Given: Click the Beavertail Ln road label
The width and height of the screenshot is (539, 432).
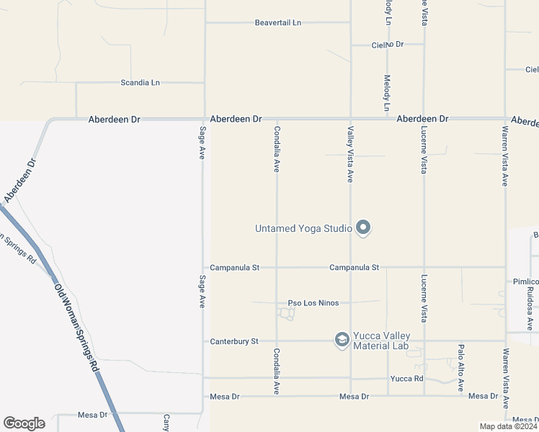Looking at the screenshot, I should click(x=277, y=23).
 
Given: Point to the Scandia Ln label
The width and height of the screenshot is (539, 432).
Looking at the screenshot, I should click(x=140, y=83).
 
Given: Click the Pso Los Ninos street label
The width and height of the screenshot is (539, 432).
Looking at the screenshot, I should click(x=313, y=303).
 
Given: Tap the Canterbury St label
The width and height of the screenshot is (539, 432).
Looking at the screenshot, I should click(x=233, y=341).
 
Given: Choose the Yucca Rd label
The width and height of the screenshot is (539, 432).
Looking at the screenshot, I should click(x=406, y=378).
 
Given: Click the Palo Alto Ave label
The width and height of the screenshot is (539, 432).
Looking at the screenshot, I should click(x=460, y=367).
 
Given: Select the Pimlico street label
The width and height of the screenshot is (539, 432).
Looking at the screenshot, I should click(x=525, y=282).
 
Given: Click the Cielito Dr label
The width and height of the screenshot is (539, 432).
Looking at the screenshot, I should click(x=388, y=45).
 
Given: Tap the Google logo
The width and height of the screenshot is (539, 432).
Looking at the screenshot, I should click(x=24, y=423).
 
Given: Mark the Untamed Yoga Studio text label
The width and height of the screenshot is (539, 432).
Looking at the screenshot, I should click(x=303, y=229).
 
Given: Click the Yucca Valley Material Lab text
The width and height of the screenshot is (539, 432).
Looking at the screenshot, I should click(x=380, y=341).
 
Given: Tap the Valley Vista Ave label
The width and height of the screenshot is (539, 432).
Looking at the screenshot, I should click(x=350, y=154).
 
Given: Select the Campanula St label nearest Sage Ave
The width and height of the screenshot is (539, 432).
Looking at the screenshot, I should click(x=234, y=268).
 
